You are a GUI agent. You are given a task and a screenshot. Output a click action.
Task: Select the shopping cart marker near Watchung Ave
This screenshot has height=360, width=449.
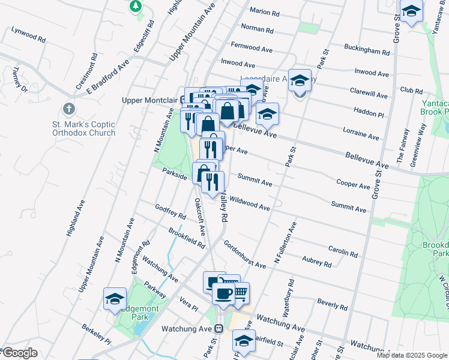click(240, 293)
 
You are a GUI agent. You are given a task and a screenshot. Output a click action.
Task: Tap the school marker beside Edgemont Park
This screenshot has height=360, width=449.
click(115, 298)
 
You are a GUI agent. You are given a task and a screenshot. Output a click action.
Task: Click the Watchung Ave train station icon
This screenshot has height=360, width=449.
click(220, 329)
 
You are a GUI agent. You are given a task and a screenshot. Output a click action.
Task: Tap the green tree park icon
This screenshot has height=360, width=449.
click(136, 6)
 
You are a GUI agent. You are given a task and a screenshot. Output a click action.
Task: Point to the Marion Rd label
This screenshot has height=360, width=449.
click(265, 12)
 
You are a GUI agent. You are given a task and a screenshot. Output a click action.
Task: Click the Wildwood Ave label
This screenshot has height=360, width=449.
click(249, 203)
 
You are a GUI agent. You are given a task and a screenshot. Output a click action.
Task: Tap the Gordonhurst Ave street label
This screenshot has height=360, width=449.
click(244, 255)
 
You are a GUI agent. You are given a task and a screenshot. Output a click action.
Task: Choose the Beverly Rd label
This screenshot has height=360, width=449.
click(333, 303)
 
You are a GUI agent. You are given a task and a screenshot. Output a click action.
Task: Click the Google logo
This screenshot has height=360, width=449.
click(19, 353)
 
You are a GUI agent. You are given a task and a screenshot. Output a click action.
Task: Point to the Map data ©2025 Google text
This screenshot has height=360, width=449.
click(412, 355)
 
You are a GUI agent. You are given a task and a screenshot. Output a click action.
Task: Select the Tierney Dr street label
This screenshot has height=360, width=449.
click(20, 79)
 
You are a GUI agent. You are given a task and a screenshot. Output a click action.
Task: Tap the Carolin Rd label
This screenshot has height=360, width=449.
click(343, 250)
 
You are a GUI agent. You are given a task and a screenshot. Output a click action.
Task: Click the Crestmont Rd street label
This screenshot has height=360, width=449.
click(87, 73)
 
